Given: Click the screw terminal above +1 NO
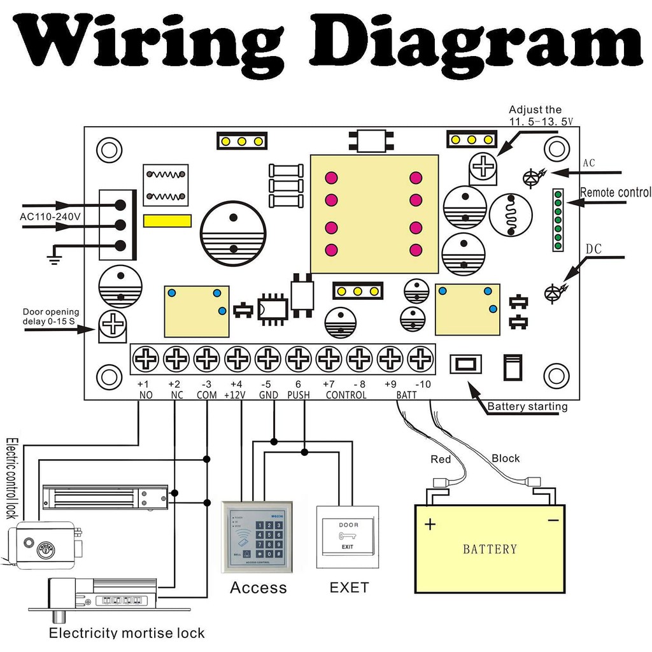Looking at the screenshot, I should (x=146, y=360).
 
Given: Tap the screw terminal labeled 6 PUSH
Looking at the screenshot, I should (x=298, y=360).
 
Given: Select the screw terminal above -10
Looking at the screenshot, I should (x=420, y=360).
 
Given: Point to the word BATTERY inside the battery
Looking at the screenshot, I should (x=490, y=549).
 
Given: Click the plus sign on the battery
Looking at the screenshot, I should (x=431, y=525).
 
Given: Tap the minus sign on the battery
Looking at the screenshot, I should (x=553, y=521).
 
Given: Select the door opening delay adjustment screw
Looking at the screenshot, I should (x=113, y=326).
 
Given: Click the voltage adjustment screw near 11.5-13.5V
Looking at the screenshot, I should (x=483, y=166).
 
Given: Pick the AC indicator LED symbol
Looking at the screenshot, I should (x=532, y=179).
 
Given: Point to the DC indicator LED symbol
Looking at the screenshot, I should (x=553, y=293).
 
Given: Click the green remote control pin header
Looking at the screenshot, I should (x=558, y=220).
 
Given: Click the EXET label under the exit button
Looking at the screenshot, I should (x=349, y=587).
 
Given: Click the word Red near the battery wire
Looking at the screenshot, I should (x=441, y=460).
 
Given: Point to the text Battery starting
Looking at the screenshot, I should (x=527, y=407).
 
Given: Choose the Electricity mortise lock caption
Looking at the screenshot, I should (x=127, y=633).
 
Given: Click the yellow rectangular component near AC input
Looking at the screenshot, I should (x=167, y=221).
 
